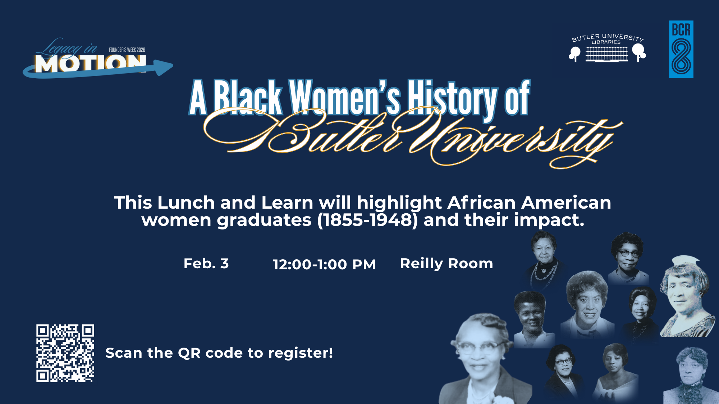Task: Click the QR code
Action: pos(65,353)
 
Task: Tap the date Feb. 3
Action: pos(206,264)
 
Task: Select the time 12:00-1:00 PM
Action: pos(324,265)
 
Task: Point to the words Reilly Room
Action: pos(446,264)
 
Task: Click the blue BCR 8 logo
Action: pos(681,49)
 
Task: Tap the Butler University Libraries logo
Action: pos(607,48)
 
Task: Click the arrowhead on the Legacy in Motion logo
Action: pos(164,68)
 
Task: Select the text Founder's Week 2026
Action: pos(127,50)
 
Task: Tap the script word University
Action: pos(514,142)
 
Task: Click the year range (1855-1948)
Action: pos(367,220)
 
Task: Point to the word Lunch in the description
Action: pos(186,203)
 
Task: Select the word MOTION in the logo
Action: pos(90,64)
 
